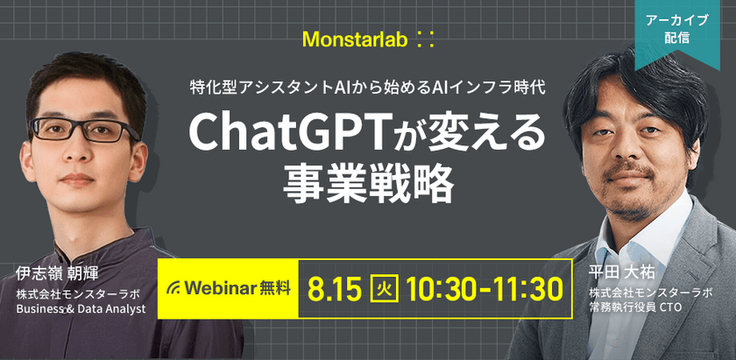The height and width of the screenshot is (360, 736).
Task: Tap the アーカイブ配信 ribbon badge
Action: (676, 29)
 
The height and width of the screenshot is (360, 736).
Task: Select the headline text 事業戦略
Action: (368, 182)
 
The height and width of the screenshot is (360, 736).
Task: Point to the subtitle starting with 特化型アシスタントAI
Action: (368, 88)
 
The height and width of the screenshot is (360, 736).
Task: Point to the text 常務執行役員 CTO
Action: (637, 308)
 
